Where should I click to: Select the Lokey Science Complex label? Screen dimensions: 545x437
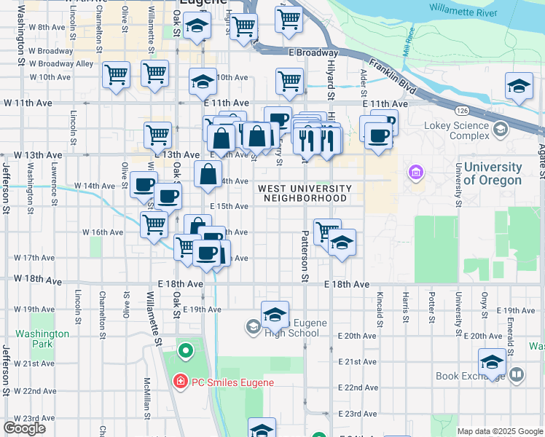pyautogui.click(x=457, y=130)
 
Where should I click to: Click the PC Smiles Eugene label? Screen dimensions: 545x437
pyautogui.click(x=222, y=382)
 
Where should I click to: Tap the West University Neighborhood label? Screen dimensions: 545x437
pyautogui.click(x=305, y=193)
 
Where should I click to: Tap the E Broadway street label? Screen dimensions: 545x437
pyautogui.click(x=313, y=52)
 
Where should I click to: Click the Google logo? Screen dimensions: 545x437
pyautogui.click(x=24, y=428)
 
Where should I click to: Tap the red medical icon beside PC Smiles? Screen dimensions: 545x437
pyautogui.click(x=179, y=382)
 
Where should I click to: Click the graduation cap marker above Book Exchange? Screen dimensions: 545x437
pyautogui.click(x=493, y=362)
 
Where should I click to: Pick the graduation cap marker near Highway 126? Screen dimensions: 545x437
pyautogui.click(x=519, y=87)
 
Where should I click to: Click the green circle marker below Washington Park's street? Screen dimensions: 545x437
pyautogui.click(x=185, y=351)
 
